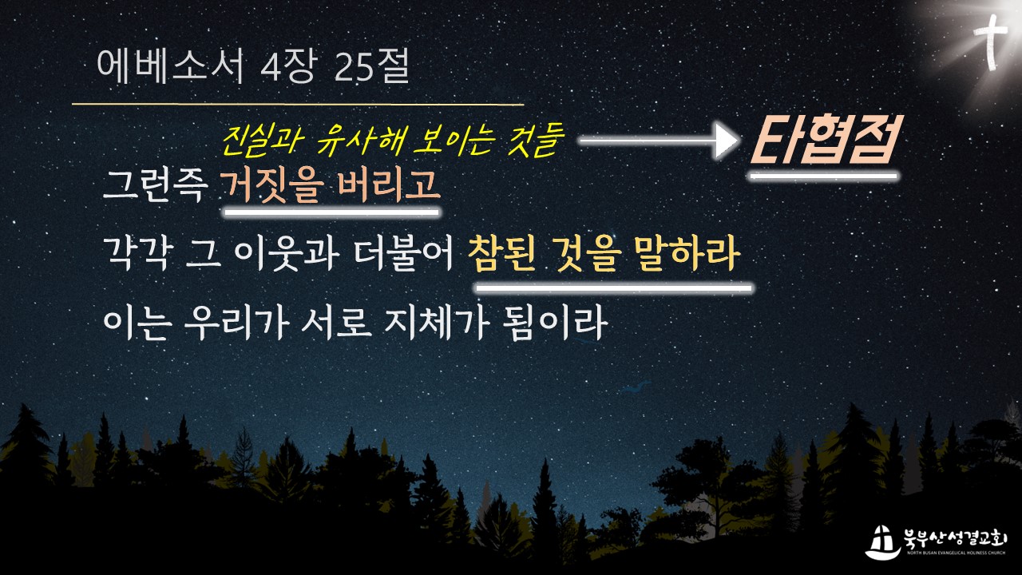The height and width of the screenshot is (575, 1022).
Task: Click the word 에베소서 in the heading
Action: [x=171, y=66]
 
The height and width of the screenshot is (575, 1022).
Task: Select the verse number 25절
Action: [x=371, y=66]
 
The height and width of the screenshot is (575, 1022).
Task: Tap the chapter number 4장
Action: [x=288, y=66]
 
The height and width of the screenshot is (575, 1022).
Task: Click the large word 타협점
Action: [x=823, y=140]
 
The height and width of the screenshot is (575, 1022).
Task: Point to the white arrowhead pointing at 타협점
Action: [x=727, y=141]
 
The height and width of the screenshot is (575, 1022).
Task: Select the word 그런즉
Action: [x=153, y=186]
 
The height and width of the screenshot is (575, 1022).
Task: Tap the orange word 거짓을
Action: [x=272, y=186]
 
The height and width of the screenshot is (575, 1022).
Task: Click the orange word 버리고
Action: [x=389, y=186]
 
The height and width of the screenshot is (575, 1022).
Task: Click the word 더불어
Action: [x=404, y=254]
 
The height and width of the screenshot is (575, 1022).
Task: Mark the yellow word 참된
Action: [x=502, y=254]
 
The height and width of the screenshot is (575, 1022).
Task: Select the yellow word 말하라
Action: [x=686, y=254]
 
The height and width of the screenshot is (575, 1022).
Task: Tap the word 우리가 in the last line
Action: [x=237, y=323]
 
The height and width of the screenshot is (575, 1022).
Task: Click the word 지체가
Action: [x=437, y=323]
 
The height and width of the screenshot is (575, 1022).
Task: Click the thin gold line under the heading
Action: [x=298, y=105]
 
